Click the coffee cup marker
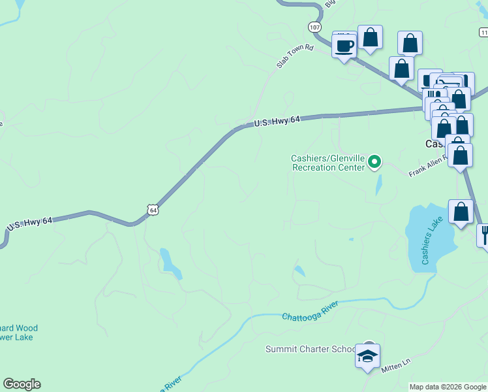click(344, 46)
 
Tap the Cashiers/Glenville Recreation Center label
click(328, 162)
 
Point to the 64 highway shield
click(152, 210)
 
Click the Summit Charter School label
click(310, 349)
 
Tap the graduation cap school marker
click(367, 357)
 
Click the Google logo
click(22, 384)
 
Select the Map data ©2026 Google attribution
click(448, 387)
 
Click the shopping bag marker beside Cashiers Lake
click(461, 212)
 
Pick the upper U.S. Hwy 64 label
click(277, 121)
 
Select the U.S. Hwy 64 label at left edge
click(29, 223)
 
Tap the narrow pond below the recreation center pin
click(379, 186)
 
